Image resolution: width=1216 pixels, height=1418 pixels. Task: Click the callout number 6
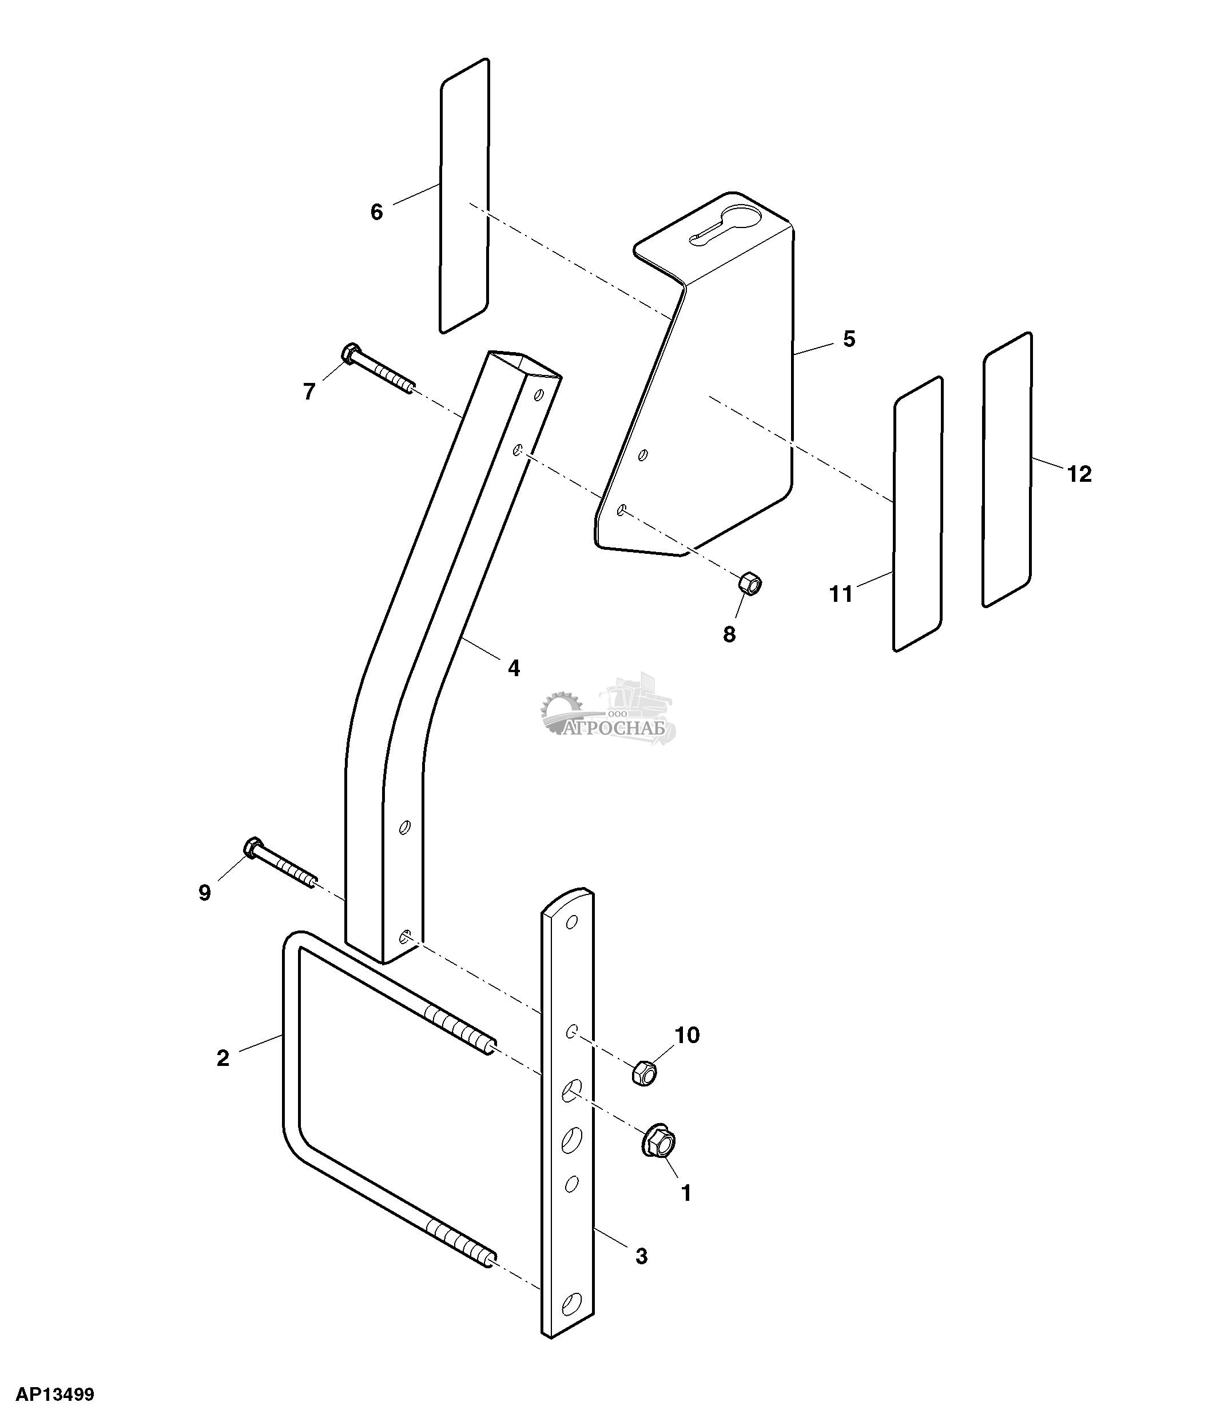coord(376,212)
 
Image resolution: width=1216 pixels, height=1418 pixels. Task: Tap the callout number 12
coord(1080,474)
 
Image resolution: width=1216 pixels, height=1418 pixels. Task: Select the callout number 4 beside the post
coord(514,668)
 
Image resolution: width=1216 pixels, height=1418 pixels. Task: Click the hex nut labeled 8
coord(750,585)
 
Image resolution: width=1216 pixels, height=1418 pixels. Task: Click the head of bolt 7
coord(350,353)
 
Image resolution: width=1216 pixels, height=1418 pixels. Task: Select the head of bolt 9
coord(253,847)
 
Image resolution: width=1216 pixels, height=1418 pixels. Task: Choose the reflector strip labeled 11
coord(918,514)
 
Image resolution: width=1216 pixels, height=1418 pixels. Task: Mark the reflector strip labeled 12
coord(1007,469)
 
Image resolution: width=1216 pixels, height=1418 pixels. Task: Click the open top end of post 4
coord(524,365)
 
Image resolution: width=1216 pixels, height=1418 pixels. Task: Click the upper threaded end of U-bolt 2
coord(458,1037)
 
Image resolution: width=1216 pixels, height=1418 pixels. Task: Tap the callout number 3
coord(641,1256)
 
